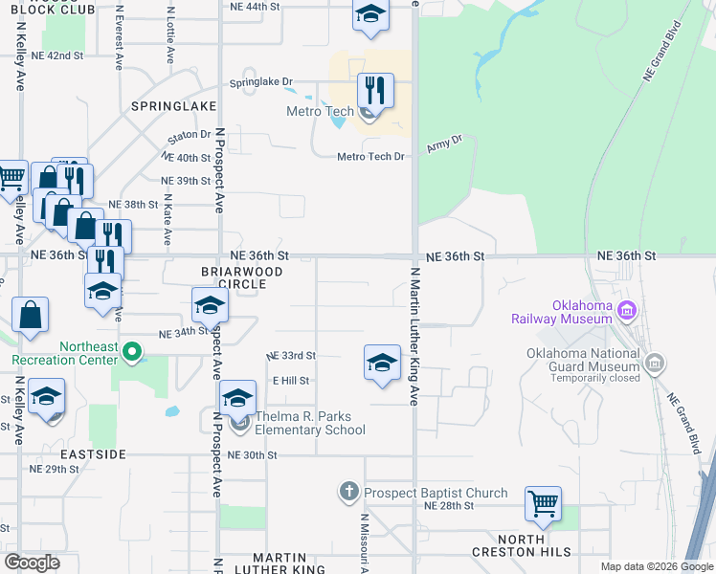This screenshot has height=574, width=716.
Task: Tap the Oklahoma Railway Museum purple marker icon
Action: [627, 309]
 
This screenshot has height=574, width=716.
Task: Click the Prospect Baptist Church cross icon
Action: [348, 494]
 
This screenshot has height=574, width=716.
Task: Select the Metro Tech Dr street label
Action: [370, 157]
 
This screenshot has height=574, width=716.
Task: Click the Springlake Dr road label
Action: [259, 82]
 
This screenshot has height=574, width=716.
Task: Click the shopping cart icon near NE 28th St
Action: [543, 502]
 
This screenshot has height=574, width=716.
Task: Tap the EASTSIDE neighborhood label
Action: [92, 453]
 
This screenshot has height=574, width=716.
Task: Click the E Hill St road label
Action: [290, 381]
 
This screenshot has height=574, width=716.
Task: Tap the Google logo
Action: [32, 562]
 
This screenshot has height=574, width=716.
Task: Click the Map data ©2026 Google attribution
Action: [656, 566]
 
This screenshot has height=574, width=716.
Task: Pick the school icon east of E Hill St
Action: [381, 363]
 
